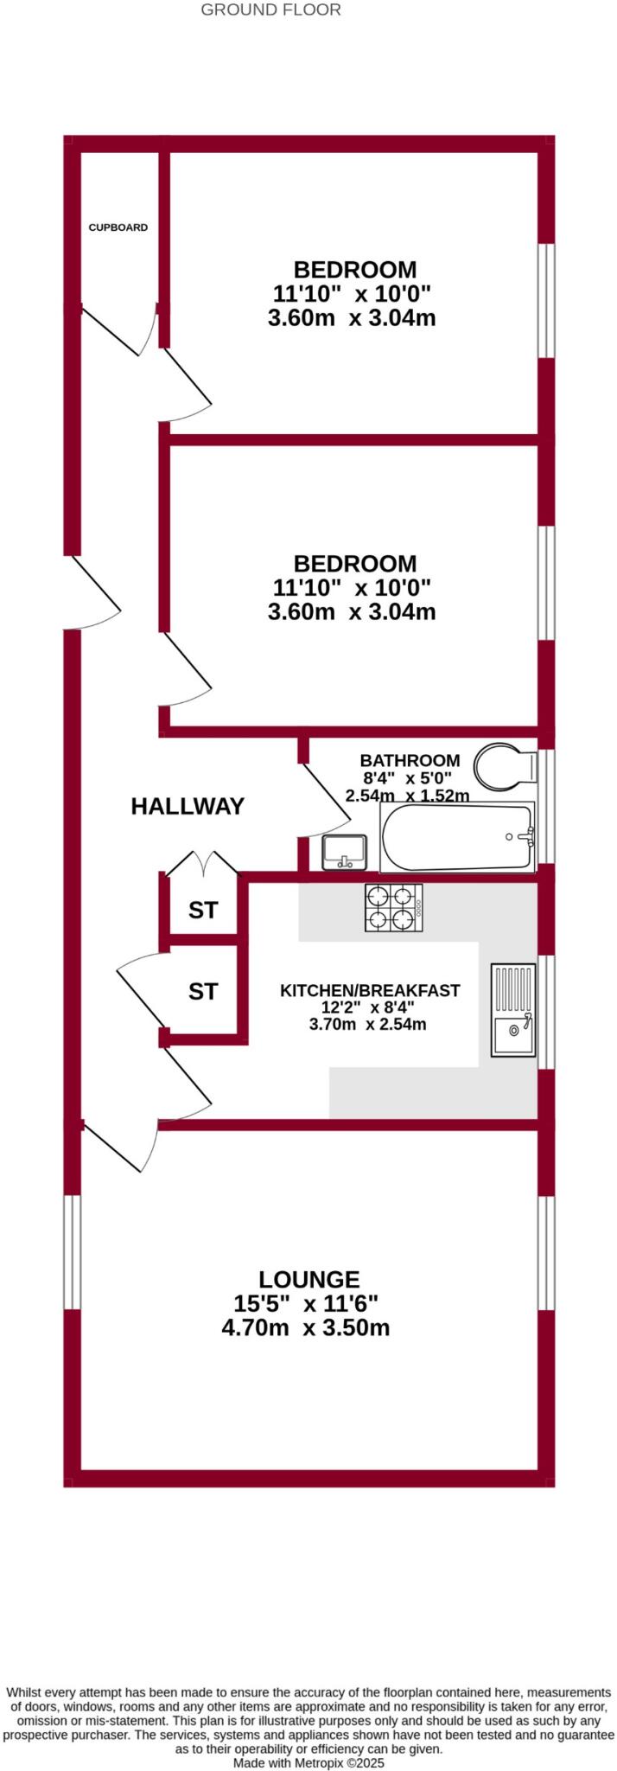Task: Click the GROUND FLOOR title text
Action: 270,10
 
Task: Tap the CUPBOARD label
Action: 118,227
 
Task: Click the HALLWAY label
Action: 188,806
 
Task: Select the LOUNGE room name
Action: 308,1278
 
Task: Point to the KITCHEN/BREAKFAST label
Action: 370,990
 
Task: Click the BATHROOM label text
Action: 410,760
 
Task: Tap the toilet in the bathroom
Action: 506,766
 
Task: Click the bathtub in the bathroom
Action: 458,838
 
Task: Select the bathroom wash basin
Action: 345,853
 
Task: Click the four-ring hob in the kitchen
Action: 393,908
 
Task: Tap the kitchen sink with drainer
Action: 513,1009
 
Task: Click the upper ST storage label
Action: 203,910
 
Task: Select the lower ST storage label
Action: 203,991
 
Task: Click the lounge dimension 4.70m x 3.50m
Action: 306,1327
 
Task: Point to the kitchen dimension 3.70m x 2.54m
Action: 368,1025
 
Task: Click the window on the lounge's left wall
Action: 72,1251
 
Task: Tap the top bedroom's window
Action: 546,300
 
